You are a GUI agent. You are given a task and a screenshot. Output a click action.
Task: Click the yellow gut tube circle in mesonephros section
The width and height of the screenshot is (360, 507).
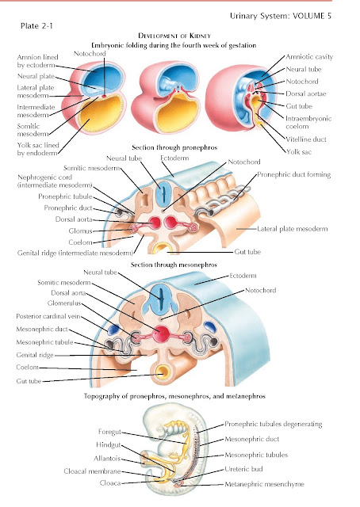coord(163,372)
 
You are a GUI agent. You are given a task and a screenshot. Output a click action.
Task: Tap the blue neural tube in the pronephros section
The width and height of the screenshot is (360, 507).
coord(163,195)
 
